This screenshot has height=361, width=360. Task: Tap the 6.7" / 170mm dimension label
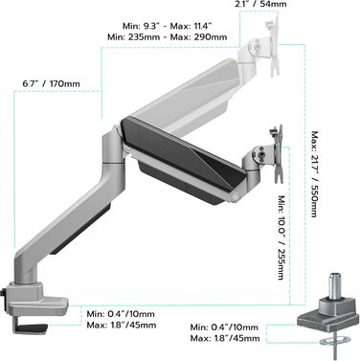tap(51, 84)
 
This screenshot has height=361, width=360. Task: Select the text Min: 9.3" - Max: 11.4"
tap(168, 26)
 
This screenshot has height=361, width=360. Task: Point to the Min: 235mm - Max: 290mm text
tap(168, 37)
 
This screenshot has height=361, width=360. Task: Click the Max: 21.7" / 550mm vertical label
tap(314, 174)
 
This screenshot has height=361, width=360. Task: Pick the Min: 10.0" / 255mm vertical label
tap(281, 237)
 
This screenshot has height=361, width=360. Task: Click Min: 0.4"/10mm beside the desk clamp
tap(121, 314)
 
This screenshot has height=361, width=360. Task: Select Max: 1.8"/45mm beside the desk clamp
tap(122, 326)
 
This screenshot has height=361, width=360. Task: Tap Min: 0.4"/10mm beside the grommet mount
tap(224, 327)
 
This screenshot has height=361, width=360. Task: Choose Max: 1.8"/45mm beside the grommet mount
tap(225, 338)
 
